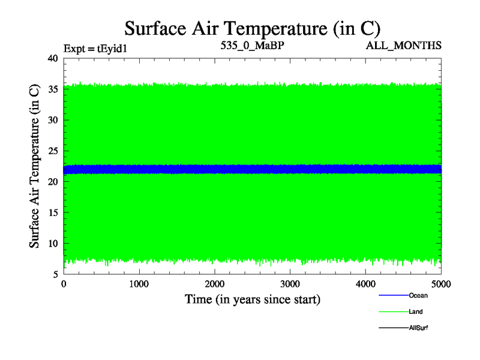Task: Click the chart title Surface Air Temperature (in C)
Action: [x=253, y=28]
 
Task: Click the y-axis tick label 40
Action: [x=52, y=58]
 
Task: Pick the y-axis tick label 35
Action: [x=52, y=89]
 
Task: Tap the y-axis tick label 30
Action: [x=52, y=120]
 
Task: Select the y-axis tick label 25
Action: [x=52, y=151]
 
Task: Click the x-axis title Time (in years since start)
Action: [x=252, y=299]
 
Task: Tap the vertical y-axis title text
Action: [x=35, y=166]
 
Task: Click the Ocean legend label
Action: [x=418, y=295]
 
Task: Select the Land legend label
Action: [x=416, y=311]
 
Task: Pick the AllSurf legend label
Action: [x=418, y=328]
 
